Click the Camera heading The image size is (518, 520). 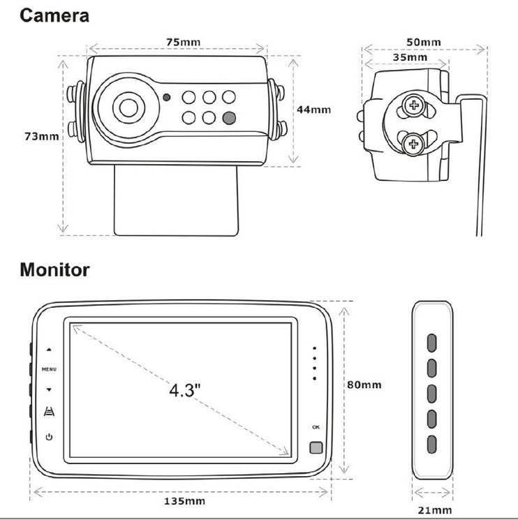54,15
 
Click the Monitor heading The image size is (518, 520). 54,269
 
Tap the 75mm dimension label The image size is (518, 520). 183,42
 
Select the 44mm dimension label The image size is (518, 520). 313,110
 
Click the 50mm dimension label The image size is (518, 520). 423,42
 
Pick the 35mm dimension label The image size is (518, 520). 409,57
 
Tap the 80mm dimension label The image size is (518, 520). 364,385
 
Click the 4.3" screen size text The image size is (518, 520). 185,389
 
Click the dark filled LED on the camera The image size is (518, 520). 230,117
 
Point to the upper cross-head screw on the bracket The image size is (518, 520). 416,106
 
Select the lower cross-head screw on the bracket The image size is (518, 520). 415,144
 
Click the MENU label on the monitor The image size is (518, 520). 49,369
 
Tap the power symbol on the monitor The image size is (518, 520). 49,438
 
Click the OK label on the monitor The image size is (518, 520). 316,426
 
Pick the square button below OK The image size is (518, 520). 316,449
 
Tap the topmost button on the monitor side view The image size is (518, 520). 432,341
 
